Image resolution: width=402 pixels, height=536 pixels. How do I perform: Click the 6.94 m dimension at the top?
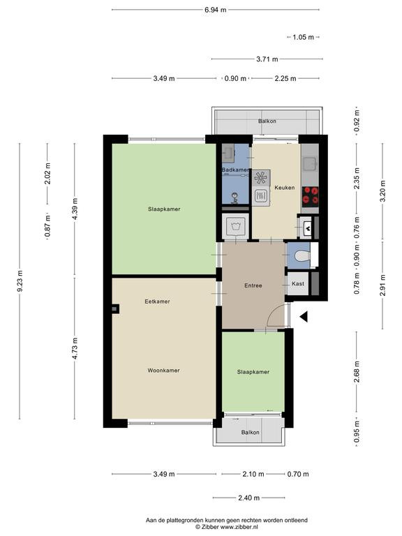click(216, 10)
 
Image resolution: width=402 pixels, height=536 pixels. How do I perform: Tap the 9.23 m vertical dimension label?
click(20, 281)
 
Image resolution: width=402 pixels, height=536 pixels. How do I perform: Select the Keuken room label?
click(285, 188)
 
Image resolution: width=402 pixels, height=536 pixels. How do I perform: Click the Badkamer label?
click(235, 170)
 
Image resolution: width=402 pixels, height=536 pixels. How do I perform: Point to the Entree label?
click(253, 285)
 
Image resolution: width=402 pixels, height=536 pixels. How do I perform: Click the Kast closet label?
click(298, 284)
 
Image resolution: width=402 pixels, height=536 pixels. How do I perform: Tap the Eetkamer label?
click(157, 301)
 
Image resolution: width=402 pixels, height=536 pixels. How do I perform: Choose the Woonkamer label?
click(163, 370)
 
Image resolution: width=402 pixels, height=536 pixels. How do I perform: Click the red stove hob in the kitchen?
click(311, 196)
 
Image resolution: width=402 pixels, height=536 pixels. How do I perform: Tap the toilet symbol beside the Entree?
click(302, 256)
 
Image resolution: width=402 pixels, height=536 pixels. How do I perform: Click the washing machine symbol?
click(235, 226)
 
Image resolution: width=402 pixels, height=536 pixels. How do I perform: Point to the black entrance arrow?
click(304, 317)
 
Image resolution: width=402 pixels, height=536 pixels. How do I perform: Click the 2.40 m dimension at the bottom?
click(249, 498)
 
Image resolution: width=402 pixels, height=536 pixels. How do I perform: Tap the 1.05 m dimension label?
click(303, 37)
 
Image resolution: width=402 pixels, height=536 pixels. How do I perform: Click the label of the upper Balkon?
click(267, 121)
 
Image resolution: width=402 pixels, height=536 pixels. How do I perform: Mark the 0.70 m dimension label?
click(298, 474)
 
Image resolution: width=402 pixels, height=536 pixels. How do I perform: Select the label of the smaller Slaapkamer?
click(253, 372)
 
